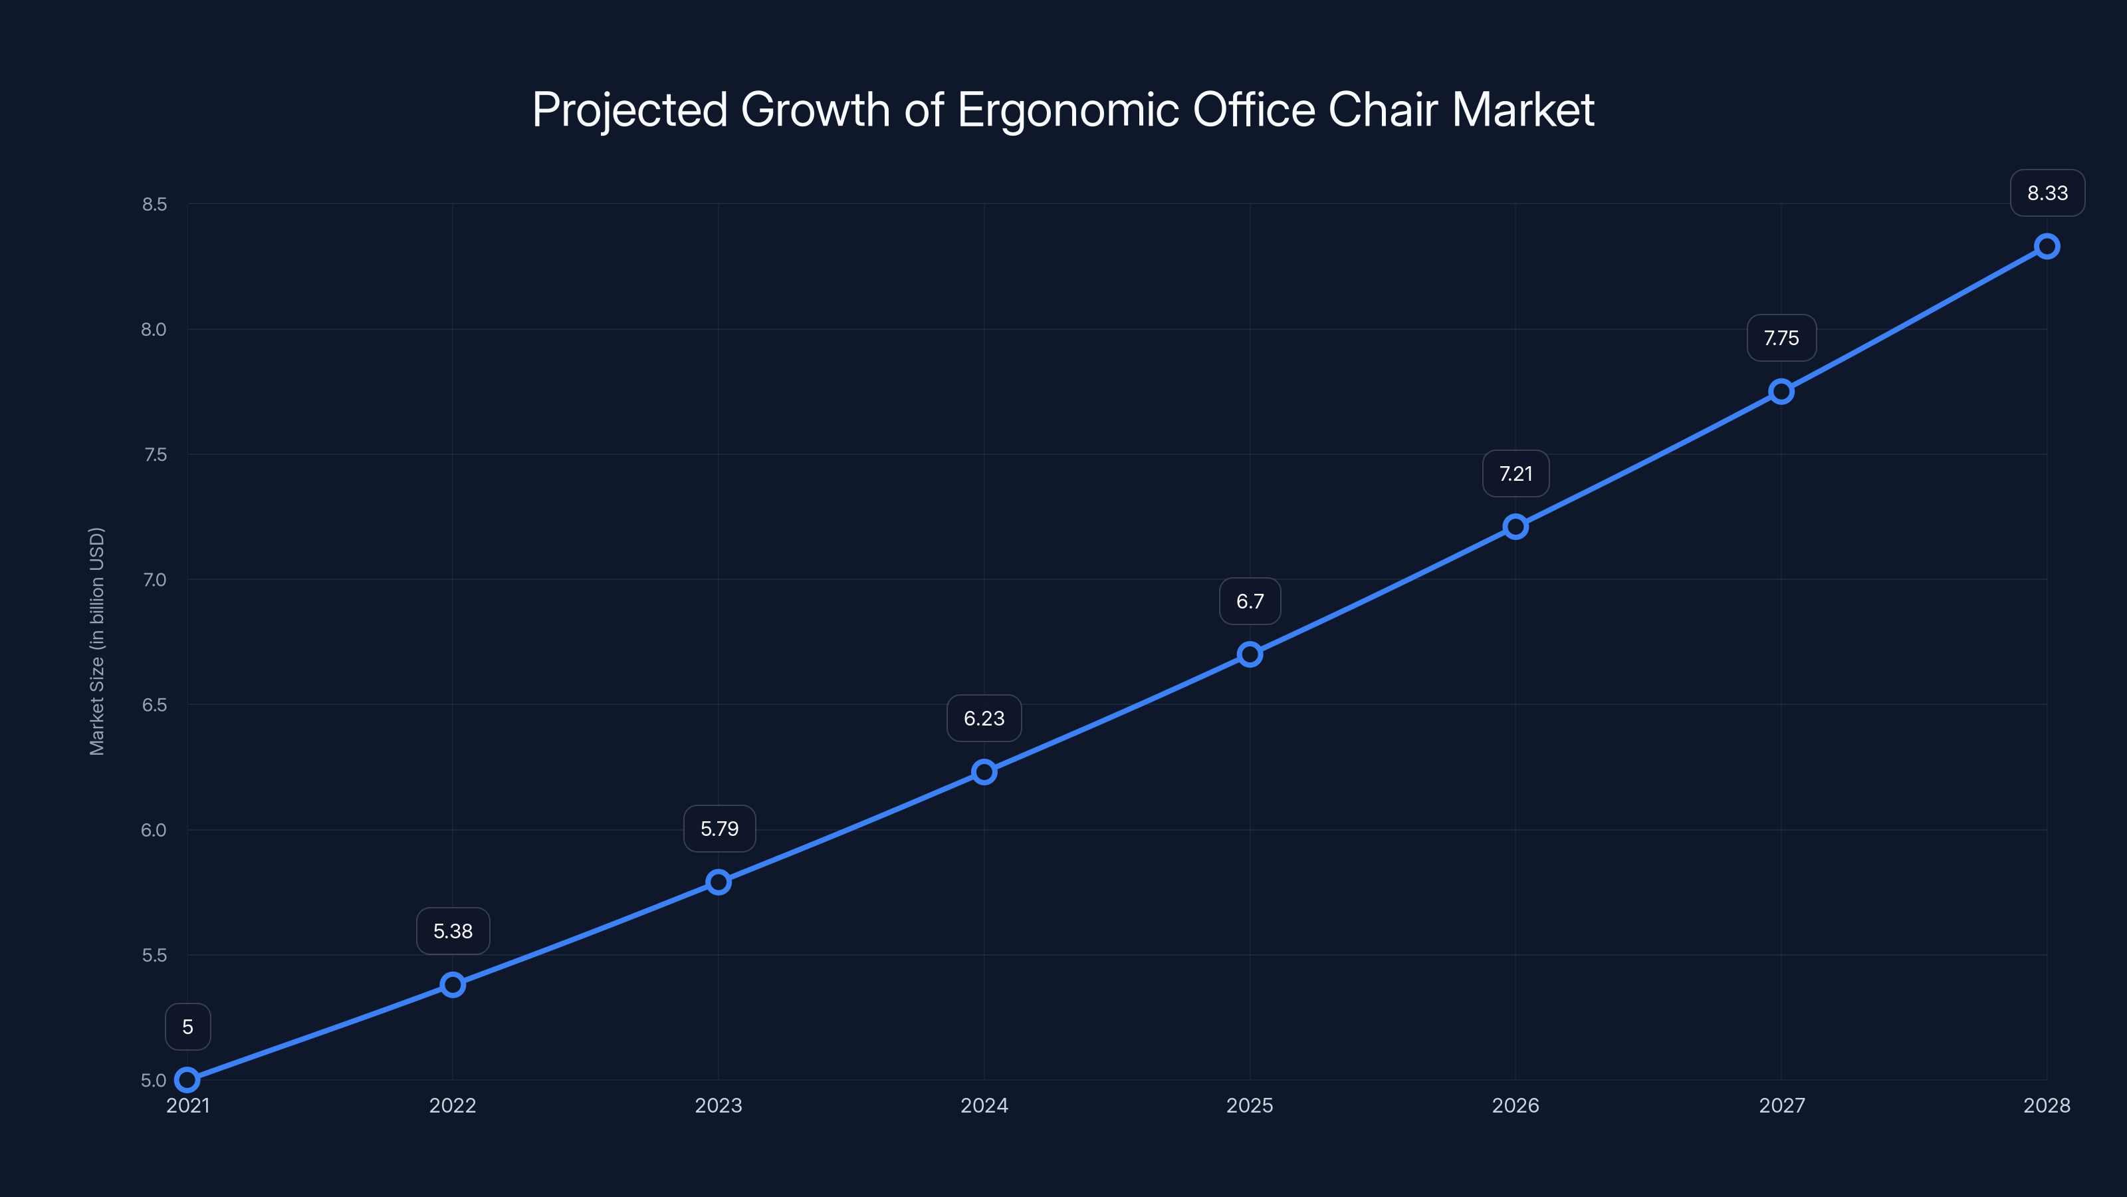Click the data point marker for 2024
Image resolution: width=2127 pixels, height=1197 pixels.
coord(984,772)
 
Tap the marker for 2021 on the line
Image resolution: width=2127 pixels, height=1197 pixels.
coord(187,1080)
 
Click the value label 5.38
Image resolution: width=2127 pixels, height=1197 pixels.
coord(453,931)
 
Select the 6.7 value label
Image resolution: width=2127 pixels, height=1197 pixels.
coord(1250,601)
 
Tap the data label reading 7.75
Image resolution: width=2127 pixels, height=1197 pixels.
coord(1781,338)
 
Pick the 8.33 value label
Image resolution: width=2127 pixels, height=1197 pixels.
coord(2047,194)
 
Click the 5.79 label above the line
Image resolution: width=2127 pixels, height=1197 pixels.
coord(719,829)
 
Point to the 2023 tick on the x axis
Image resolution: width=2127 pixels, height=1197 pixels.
coord(719,1105)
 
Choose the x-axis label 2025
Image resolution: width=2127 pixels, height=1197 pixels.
coord(1250,1105)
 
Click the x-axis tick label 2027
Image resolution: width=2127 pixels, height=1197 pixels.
coord(1781,1105)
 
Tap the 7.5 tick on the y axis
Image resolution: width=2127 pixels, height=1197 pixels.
coord(154,454)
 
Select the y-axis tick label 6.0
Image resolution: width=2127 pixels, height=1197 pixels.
coord(154,829)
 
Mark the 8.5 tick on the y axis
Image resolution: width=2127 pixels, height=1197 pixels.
coord(154,204)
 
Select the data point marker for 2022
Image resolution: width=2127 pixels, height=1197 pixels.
coord(453,985)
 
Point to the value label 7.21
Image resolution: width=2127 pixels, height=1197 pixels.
coord(1515,474)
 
